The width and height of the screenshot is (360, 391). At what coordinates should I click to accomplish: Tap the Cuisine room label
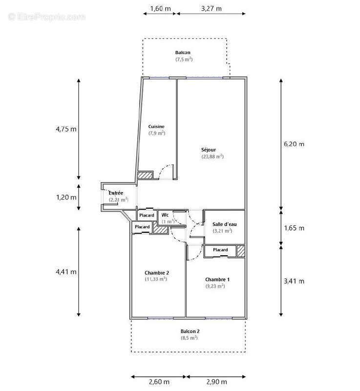click(157, 126)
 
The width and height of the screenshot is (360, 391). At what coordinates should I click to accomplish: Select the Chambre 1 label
click(215, 279)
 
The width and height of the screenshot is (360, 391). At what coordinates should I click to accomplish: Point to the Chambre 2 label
click(157, 272)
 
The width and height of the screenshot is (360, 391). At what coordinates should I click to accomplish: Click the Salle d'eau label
click(222, 224)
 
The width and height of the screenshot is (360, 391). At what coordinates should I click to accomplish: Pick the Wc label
click(165, 215)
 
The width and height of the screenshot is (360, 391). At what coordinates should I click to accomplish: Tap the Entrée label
click(116, 193)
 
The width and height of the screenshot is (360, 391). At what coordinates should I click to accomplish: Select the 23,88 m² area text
click(212, 156)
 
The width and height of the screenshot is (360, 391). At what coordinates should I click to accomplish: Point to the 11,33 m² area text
click(156, 279)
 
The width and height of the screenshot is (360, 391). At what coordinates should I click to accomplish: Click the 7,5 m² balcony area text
click(184, 59)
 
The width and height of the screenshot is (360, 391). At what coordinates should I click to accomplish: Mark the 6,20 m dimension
click(295, 144)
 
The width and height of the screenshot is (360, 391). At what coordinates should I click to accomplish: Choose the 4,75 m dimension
click(66, 130)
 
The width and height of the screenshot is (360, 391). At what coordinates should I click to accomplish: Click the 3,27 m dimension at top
click(211, 8)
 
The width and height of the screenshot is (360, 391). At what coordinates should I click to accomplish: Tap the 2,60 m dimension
click(158, 381)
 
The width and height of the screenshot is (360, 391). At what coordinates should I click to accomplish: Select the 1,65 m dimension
click(295, 228)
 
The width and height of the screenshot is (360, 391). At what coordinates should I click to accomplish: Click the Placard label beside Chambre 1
click(220, 250)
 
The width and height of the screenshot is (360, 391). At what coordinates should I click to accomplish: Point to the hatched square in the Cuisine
click(144, 175)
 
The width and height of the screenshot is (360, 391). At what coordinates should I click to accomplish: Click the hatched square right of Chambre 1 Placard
click(241, 250)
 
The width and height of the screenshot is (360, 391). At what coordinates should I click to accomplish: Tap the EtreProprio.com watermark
click(46, 17)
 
